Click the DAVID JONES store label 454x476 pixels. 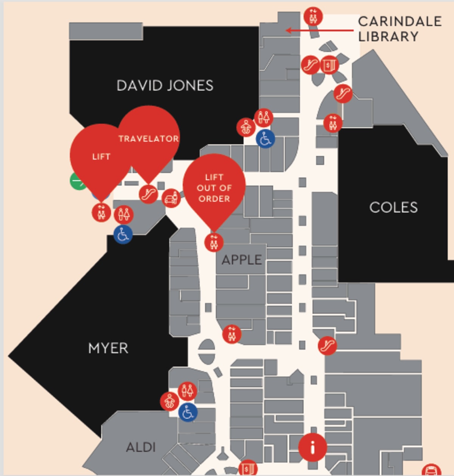click(x=165, y=86)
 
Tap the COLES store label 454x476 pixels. click(x=393, y=207)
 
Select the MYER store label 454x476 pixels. click(x=108, y=348)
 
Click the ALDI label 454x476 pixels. click(x=141, y=447)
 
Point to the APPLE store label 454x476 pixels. click(x=241, y=260)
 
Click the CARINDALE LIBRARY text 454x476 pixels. click(x=400, y=29)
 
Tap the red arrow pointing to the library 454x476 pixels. click(x=320, y=30)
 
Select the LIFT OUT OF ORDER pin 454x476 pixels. click(x=214, y=187)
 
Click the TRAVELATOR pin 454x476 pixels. click(x=149, y=138)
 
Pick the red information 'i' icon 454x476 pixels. click(x=313, y=448)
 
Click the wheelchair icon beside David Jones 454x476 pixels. click(x=265, y=139)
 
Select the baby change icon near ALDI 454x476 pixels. click(x=169, y=401)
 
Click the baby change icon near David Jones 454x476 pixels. click(x=246, y=127)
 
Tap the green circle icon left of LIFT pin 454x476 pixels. click(x=78, y=181)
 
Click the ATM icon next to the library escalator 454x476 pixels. click(x=330, y=65)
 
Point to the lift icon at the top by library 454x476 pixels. click(x=313, y=17)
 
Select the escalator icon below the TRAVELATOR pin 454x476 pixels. click(x=148, y=194)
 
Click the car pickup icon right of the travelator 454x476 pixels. click(x=171, y=198)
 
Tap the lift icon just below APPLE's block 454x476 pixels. click(x=232, y=334)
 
